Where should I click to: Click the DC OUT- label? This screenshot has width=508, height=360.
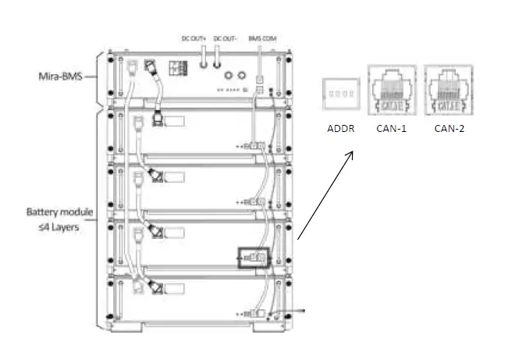(225, 37)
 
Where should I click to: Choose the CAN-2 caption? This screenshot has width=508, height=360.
(449, 127)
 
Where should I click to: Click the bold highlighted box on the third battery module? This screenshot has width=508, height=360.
(251, 257)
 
